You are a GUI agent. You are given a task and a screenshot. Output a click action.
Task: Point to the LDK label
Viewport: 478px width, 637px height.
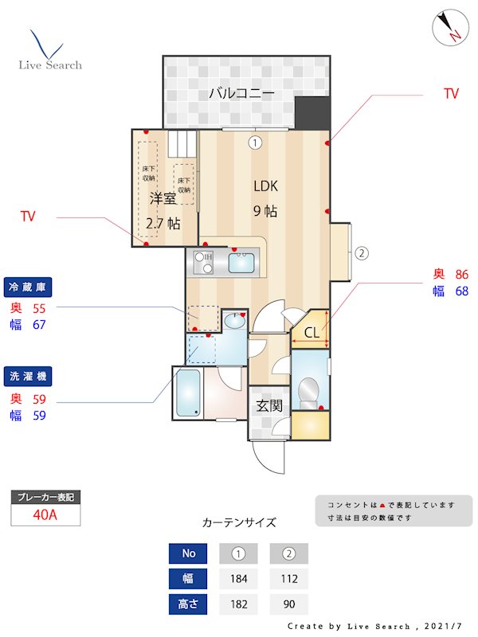pyautogui.click(x=265, y=186)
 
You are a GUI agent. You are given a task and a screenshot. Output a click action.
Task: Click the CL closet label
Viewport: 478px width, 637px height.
pyautogui.click(x=311, y=333)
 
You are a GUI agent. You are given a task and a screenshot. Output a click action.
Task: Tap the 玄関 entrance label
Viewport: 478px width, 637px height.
pyautogui.click(x=268, y=405)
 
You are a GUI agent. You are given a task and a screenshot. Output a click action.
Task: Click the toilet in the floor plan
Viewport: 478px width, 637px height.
pyautogui.click(x=307, y=391)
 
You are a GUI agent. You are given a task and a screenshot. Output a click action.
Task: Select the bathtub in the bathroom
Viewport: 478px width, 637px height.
pyautogui.click(x=187, y=393)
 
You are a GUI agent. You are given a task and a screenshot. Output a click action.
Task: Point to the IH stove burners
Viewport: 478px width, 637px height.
pyautogui.click(x=202, y=260)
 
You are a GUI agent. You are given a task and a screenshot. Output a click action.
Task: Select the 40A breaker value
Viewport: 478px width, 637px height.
pyautogui.click(x=45, y=514)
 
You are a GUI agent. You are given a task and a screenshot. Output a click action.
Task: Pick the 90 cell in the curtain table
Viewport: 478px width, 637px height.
pyautogui.click(x=288, y=604)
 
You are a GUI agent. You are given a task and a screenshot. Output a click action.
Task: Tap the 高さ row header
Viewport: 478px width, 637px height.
pyautogui.click(x=187, y=604)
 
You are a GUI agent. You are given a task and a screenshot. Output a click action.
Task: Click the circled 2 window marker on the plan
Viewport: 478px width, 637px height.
pyautogui.click(x=361, y=254)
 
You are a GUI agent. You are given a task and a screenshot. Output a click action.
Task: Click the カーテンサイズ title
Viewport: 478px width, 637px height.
pyautogui.click(x=239, y=522)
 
